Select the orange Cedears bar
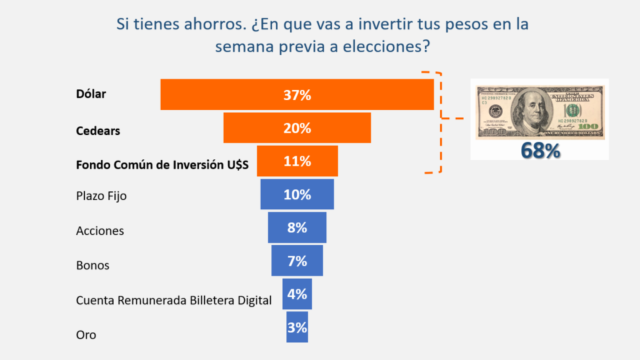[x=250, y=128]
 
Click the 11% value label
[x=297, y=161]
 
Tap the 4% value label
[x=297, y=294]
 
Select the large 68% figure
[x=540, y=151]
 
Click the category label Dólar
[x=91, y=94]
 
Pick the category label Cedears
[x=97, y=131]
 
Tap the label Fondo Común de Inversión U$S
[x=162, y=165]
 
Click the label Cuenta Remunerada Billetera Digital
[x=174, y=300]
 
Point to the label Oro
[x=86, y=335]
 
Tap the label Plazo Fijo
[x=101, y=196]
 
